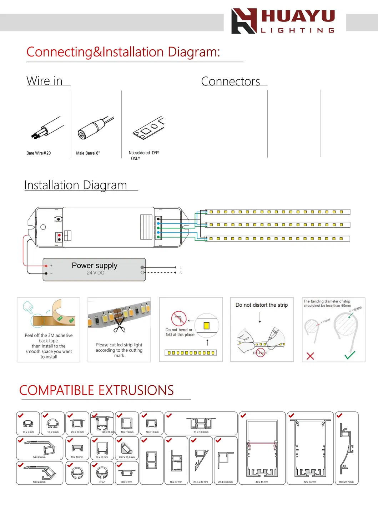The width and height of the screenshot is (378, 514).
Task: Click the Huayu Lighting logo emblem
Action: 244,21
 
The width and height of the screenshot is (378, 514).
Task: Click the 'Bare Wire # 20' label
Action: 39,153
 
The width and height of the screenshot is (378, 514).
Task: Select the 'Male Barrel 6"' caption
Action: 88,153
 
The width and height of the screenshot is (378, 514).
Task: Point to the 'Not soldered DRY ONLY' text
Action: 143,155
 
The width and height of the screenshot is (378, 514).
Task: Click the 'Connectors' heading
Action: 231,81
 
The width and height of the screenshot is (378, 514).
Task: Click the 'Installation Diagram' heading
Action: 76,185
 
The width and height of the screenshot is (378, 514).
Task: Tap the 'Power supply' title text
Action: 95,266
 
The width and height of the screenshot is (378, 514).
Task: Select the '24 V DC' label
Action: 96,273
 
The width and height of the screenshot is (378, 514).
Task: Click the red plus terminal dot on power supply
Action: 46,266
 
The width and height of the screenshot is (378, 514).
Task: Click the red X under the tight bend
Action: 310,356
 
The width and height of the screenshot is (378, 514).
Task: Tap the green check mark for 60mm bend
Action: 350,355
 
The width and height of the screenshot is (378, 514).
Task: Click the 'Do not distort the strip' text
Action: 262,305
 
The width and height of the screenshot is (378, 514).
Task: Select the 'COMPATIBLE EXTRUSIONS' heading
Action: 97,390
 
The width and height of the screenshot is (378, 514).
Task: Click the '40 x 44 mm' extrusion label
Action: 262,482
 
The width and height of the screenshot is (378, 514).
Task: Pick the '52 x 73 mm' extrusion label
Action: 310,482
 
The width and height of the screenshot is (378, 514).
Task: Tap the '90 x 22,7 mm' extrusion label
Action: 346,482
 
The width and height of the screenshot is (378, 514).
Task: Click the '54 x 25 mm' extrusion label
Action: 39,457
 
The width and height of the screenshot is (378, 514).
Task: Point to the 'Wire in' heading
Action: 45,81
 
